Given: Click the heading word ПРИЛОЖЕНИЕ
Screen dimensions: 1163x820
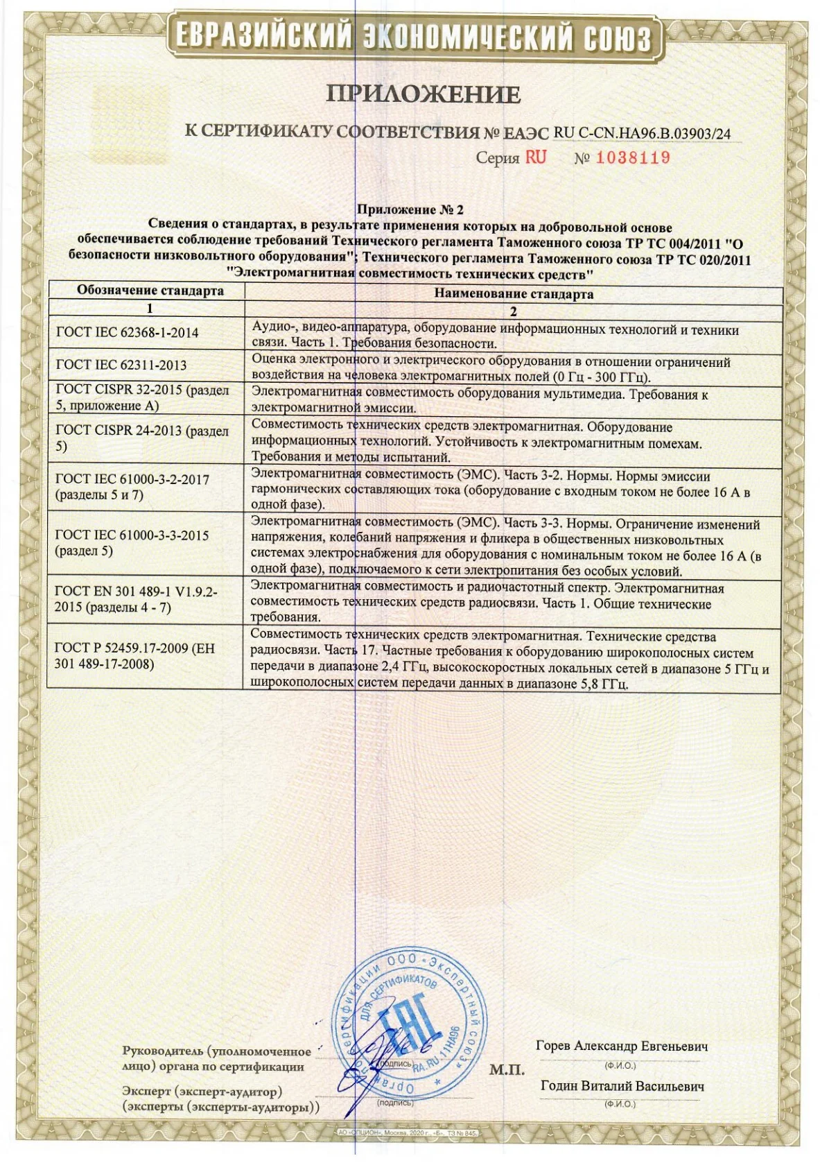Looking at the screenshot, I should pyautogui.click(x=423, y=94).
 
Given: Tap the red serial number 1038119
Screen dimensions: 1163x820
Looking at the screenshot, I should pyautogui.click(x=633, y=158).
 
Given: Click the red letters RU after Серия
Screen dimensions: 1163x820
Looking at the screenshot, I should pyautogui.click(x=535, y=157).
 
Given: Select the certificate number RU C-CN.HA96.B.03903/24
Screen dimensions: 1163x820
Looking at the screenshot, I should pyautogui.click(x=642, y=133).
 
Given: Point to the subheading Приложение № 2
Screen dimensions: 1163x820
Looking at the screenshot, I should pyautogui.click(x=410, y=209).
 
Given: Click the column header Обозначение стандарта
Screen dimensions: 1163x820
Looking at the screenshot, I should pyautogui.click(x=150, y=290).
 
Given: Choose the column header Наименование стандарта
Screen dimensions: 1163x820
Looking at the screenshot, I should pyautogui.click(x=513, y=293).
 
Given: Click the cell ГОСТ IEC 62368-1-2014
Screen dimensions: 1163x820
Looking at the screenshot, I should pyautogui.click(x=127, y=332).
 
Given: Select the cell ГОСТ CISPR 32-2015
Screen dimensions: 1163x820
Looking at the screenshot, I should pyautogui.click(x=141, y=397).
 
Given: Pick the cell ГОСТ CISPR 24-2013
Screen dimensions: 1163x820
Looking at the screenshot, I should pyautogui.click(x=141, y=438).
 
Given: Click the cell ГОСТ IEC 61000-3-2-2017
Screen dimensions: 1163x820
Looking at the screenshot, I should pyautogui.click(x=132, y=486).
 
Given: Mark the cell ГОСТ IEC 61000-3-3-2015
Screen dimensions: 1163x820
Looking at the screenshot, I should pyautogui.click(x=132, y=542).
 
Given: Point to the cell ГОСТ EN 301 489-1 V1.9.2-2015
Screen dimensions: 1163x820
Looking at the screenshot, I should pyautogui.click(x=136, y=599).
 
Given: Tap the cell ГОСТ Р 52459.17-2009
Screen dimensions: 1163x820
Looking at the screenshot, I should pyautogui.click(x=134, y=655).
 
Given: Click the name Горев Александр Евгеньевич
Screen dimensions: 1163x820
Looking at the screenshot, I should pyautogui.click(x=622, y=1046).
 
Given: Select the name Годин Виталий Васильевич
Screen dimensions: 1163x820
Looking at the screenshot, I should pyautogui.click(x=622, y=1086).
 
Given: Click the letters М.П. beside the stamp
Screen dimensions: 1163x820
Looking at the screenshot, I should pyautogui.click(x=507, y=1069).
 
